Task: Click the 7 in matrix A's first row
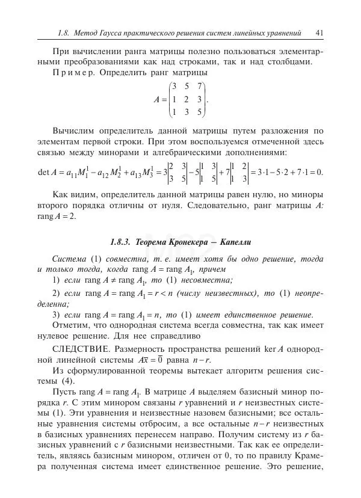tap(200, 87)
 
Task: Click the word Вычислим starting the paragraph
tap(73, 131)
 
